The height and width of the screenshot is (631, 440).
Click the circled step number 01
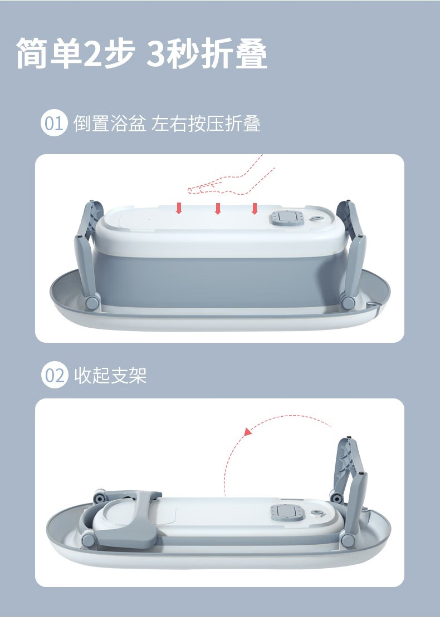53,124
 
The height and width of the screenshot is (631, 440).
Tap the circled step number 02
54,376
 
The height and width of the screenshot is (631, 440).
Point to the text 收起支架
110,376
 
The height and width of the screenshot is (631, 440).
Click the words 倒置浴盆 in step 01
110,124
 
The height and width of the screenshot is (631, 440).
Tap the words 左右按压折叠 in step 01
206,124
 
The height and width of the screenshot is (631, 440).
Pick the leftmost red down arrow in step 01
179,208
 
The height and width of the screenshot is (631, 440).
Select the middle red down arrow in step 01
218,208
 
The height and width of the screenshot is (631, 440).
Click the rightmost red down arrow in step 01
254,208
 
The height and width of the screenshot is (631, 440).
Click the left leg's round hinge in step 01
92,303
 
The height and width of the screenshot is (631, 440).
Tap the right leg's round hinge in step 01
347,302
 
